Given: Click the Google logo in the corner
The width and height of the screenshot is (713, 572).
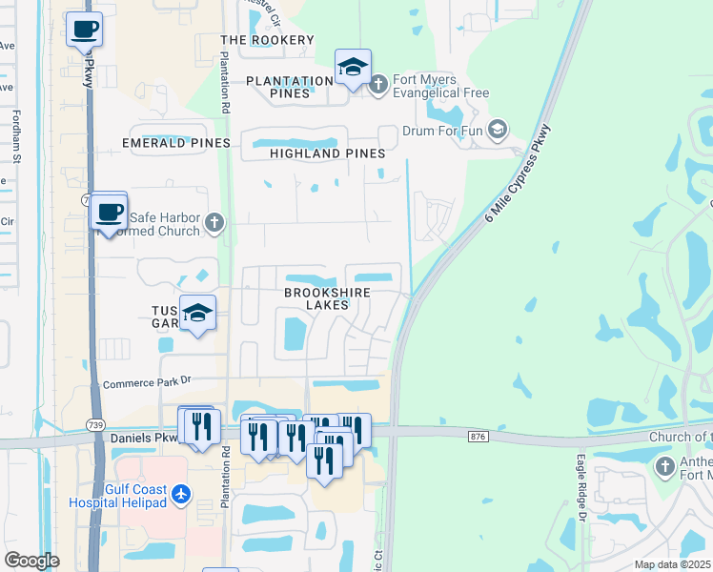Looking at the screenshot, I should click(31, 561).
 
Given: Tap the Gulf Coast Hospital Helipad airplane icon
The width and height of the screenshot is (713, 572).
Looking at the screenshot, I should click(182, 494).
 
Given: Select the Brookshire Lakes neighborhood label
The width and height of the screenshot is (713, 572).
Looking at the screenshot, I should click(326, 298).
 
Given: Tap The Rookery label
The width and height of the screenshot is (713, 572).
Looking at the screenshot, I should click(267, 40).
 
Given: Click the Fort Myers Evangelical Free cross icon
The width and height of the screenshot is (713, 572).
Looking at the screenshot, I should click(378, 85).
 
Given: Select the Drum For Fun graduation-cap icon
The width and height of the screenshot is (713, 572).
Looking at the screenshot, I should click(497, 129).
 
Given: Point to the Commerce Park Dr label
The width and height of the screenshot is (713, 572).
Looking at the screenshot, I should click(148, 380).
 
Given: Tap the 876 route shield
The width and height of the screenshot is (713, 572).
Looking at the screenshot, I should click(479, 436).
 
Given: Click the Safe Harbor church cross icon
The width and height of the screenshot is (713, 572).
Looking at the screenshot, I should click(214, 223).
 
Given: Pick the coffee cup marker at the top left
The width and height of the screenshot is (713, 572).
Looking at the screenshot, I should click(85, 30).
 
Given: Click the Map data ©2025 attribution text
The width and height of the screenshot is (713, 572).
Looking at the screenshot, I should click(671, 564).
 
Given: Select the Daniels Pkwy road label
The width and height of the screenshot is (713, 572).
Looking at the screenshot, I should click(145, 439).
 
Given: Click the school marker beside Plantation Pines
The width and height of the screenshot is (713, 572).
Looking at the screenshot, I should click(353, 68).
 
